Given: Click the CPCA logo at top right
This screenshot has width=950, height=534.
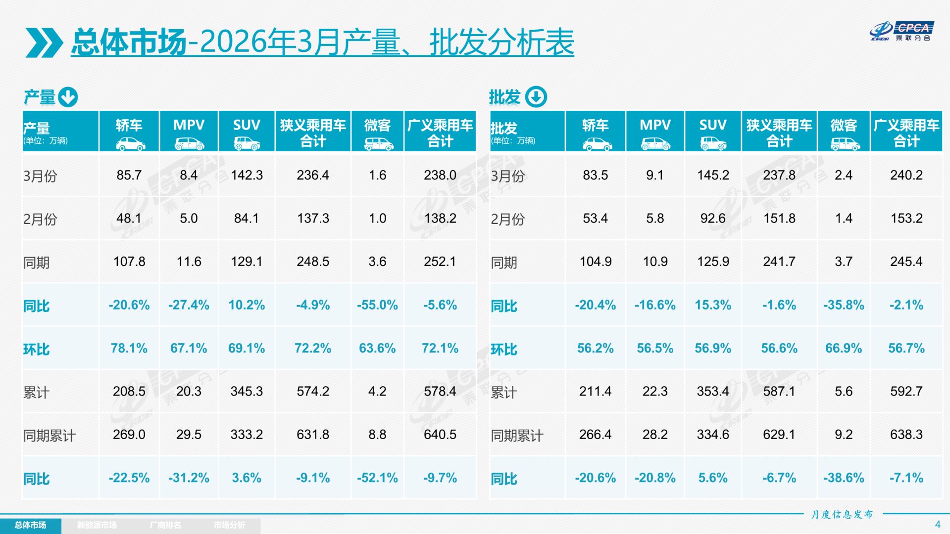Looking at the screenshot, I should (x=901, y=31).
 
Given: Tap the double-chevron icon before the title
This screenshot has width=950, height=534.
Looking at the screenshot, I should (x=44, y=43).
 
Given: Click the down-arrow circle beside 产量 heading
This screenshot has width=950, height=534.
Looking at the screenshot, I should (x=68, y=97).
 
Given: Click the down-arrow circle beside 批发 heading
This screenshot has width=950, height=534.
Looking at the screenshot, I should (x=536, y=97).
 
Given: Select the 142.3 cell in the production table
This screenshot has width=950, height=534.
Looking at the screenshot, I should (x=247, y=175).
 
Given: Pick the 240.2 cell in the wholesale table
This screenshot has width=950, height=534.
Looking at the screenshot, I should (x=906, y=175).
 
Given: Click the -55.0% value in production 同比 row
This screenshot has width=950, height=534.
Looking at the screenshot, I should (x=377, y=305).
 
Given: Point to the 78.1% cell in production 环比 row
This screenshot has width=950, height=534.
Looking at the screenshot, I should (x=129, y=348).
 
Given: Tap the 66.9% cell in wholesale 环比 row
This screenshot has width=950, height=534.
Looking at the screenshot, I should (x=843, y=348).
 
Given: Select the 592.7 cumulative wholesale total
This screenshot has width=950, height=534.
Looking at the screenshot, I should (x=906, y=391).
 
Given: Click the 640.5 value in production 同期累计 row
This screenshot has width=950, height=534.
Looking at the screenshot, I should (x=440, y=435).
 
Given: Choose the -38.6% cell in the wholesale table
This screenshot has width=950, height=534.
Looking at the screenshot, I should (x=843, y=478).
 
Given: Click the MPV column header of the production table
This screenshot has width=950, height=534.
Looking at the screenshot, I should (x=189, y=125).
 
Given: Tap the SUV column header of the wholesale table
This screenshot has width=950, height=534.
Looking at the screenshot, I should (x=712, y=125).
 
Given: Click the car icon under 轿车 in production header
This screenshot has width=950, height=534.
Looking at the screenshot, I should (x=130, y=144).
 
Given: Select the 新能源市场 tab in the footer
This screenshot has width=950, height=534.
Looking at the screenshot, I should (x=97, y=525).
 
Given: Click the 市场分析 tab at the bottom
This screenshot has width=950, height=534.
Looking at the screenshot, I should (x=229, y=525).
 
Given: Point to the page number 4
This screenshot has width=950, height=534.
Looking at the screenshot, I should (x=937, y=524).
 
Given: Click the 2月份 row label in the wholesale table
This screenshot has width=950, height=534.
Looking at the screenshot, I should (x=507, y=219).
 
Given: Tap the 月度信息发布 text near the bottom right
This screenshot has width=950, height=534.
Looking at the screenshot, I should (x=842, y=515).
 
